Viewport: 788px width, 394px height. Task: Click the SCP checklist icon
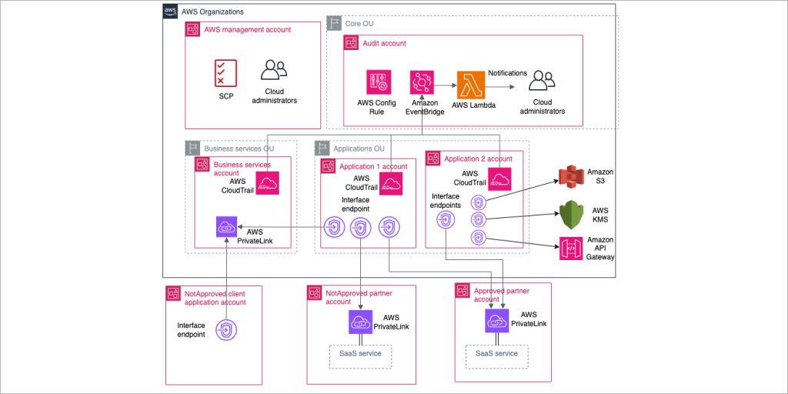[x=225, y=72]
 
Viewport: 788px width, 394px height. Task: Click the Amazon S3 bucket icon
[x=572, y=176]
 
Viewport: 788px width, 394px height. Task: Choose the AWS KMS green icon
[x=572, y=213]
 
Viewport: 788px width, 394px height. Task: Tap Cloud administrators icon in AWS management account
[x=274, y=71]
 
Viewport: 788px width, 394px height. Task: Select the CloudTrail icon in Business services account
[x=266, y=183]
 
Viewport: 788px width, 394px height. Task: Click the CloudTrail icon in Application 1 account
[x=392, y=183]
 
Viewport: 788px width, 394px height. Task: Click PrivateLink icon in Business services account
[x=229, y=228]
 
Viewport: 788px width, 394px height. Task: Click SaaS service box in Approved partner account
[x=496, y=354]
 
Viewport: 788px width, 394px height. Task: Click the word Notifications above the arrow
[x=507, y=73]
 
